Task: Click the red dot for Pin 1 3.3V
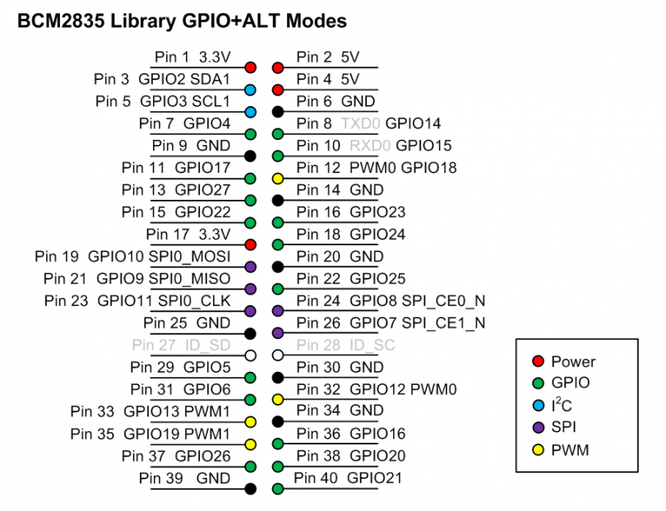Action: click(x=251, y=67)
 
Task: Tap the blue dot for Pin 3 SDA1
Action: click(x=251, y=90)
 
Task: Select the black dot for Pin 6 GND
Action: click(x=278, y=111)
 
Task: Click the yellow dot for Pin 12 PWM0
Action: click(x=278, y=178)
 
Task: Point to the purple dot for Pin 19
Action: click(x=251, y=267)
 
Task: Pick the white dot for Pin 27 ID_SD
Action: click(x=251, y=355)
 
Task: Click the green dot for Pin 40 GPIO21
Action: click(x=278, y=488)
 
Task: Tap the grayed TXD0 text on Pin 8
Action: click(x=361, y=124)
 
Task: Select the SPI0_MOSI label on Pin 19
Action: click(x=190, y=257)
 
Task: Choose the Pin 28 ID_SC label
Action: click(x=345, y=345)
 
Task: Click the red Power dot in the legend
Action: click(x=538, y=361)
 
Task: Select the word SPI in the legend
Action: click(x=565, y=428)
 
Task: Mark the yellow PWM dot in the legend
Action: click(x=538, y=449)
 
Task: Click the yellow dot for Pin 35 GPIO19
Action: click(x=251, y=444)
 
